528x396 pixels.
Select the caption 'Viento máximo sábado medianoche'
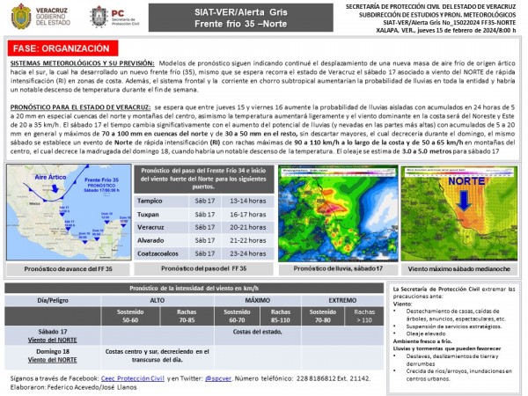(x=458, y=268)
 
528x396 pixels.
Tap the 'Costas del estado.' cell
(x=262, y=331)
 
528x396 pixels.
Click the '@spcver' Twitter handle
(x=216, y=378)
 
